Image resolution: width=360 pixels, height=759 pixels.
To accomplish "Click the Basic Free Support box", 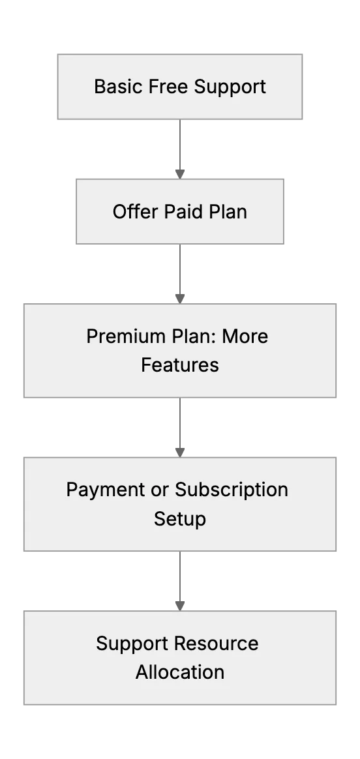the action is [x=180, y=87].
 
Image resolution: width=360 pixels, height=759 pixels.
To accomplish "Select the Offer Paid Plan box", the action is [x=180, y=211].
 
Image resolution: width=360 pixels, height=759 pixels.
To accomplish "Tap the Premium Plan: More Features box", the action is [x=180, y=350].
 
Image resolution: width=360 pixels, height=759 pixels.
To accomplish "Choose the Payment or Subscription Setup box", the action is [x=180, y=504].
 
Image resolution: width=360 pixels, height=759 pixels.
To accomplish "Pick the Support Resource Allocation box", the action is [x=180, y=657].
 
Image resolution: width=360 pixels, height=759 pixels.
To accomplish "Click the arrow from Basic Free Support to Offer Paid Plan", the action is [x=180, y=149].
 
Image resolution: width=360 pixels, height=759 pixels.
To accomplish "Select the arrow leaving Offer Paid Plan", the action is [x=180, y=274].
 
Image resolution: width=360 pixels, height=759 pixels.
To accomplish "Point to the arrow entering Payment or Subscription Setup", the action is [x=180, y=427].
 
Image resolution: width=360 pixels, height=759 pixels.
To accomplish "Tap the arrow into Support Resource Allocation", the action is [x=180, y=581].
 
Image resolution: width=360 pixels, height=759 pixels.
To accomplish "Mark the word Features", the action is [x=180, y=365].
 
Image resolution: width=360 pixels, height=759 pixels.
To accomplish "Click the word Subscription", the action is [x=232, y=490].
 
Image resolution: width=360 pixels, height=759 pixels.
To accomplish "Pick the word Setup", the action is [x=180, y=519].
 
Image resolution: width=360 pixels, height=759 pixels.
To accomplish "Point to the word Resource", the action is [x=217, y=644].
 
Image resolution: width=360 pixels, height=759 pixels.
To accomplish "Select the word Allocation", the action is [x=180, y=672].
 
